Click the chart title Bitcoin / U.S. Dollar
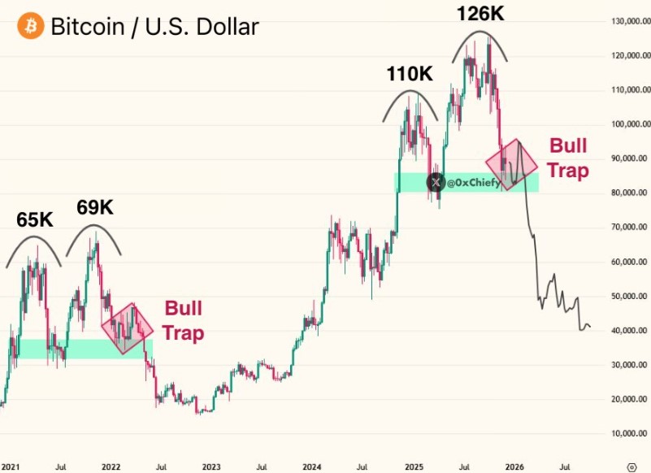[154, 27]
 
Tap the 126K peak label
[479, 15]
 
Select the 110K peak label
[410, 75]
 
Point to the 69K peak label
[95, 207]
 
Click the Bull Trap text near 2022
[183, 320]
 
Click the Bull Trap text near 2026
[568, 158]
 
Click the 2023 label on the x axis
[211, 467]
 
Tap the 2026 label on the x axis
[514, 467]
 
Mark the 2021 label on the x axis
[11, 467]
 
